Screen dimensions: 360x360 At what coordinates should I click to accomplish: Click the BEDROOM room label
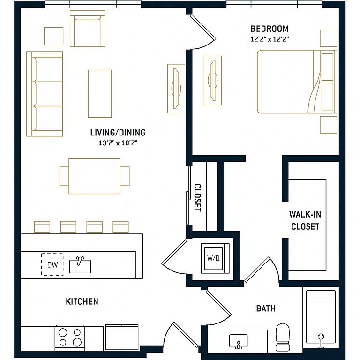(270, 29)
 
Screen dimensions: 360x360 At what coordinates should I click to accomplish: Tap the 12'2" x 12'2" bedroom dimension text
(270, 39)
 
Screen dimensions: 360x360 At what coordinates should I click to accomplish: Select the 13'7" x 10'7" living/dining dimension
(118, 143)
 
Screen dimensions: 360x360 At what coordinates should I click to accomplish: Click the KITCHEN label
(82, 301)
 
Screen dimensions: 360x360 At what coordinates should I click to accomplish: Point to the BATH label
(266, 308)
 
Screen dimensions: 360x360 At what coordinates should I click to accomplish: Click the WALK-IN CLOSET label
(305, 220)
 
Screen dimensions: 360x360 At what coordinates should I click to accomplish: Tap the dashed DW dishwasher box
(52, 264)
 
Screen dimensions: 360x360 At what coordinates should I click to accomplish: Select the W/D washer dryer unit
(215, 258)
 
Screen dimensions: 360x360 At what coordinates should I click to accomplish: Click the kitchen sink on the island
(80, 266)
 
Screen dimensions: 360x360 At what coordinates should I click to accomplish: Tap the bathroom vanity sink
(239, 341)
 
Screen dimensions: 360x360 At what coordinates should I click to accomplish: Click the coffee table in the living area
(100, 94)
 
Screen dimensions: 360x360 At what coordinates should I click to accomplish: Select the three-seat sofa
(45, 94)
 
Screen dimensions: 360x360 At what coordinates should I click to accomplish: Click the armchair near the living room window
(88, 29)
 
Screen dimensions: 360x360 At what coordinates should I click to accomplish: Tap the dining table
(94, 176)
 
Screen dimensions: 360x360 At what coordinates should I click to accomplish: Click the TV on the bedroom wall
(213, 80)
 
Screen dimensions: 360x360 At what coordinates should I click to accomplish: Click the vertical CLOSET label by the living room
(198, 198)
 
